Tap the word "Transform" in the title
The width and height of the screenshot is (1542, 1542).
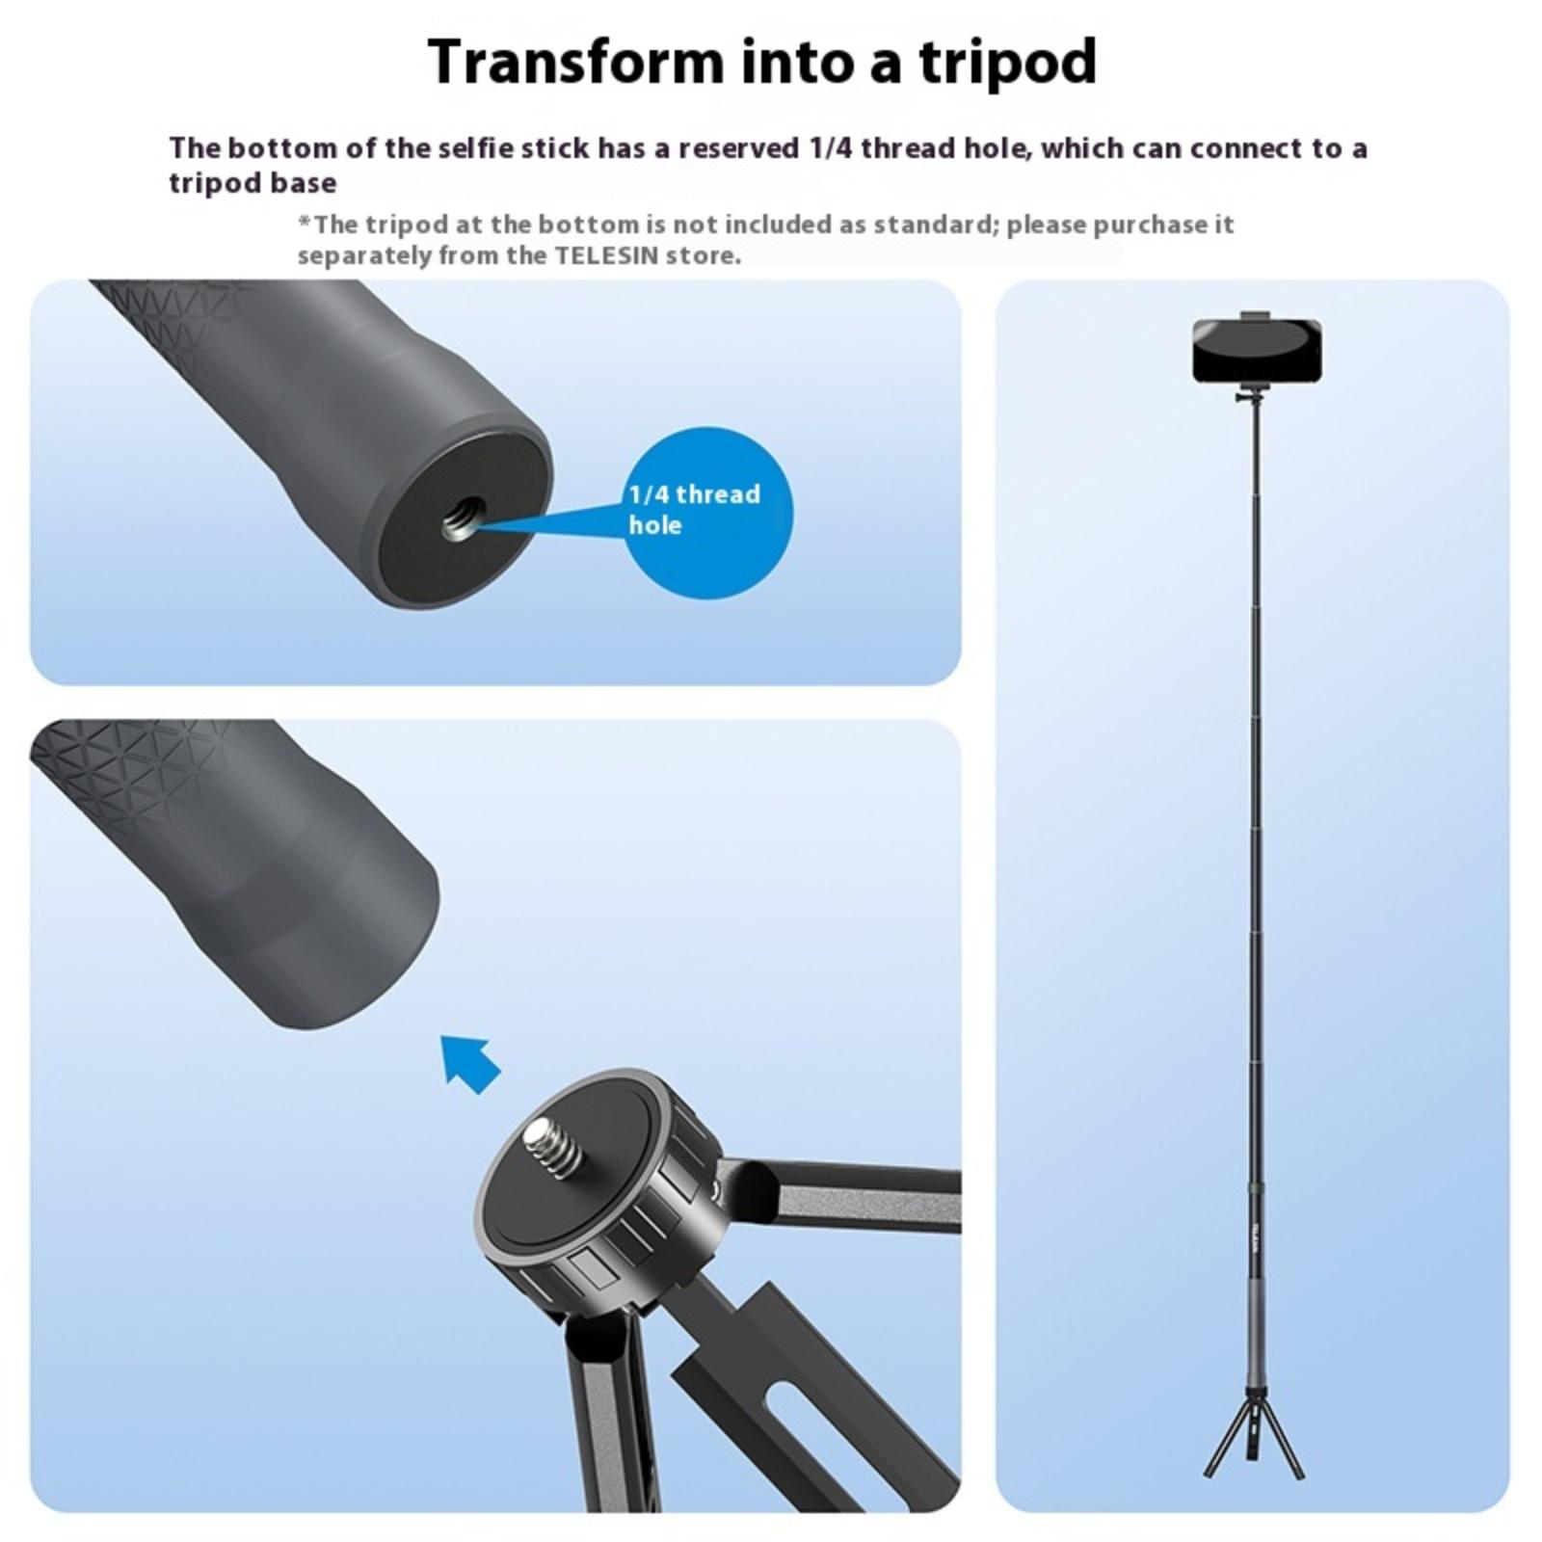(575, 61)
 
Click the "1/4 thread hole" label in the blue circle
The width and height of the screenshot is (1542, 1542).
(694, 510)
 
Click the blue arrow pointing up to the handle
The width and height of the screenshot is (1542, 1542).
(469, 1062)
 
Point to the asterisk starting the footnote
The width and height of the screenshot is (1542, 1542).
(305, 222)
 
